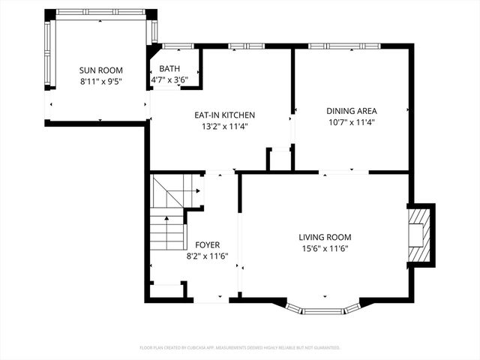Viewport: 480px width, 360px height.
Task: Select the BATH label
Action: pyautogui.click(x=169, y=69)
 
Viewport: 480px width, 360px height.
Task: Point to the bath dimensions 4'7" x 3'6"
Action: pyautogui.click(x=169, y=79)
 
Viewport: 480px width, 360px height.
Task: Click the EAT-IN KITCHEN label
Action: pyautogui.click(x=225, y=115)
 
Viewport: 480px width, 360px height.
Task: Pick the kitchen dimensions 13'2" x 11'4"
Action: pyautogui.click(x=225, y=126)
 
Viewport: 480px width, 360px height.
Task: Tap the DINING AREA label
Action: pyautogui.click(x=351, y=110)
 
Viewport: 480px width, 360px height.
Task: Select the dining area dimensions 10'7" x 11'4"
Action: pyautogui.click(x=351, y=121)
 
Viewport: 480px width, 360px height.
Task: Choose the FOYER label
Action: pyautogui.click(x=208, y=245)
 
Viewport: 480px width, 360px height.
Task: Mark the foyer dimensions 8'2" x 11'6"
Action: pyautogui.click(x=208, y=256)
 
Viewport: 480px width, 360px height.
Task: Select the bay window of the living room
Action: pyautogui.click(x=323, y=308)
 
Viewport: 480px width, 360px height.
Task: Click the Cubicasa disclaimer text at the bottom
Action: pyautogui.click(x=240, y=348)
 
